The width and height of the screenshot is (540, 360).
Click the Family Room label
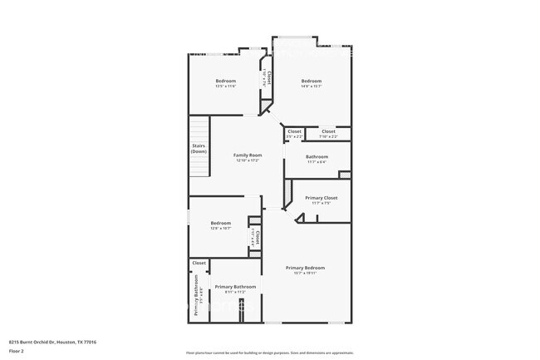pyautogui.click(x=247, y=155)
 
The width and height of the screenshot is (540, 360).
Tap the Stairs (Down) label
pyautogui.click(x=199, y=150)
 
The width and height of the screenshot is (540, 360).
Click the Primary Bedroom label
pyautogui.click(x=305, y=267)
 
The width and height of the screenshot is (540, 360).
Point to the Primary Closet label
pyautogui.click(x=321, y=198)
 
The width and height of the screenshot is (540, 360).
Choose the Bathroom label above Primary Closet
pyautogui.click(x=317, y=156)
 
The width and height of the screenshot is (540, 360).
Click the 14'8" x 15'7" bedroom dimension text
pyautogui.click(x=312, y=86)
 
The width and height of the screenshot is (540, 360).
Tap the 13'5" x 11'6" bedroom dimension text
pyautogui.click(x=225, y=86)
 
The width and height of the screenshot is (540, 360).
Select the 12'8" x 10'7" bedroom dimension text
pyautogui.click(x=220, y=228)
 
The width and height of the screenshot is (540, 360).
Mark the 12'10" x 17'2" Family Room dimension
pyautogui.click(x=247, y=160)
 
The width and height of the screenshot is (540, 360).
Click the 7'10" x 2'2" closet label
pyautogui.click(x=328, y=136)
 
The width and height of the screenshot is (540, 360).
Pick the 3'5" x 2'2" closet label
pyautogui.click(x=294, y=136)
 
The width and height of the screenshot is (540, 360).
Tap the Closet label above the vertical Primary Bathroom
pyautogui.click(x=199, y=263)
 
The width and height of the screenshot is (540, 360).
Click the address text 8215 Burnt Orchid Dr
pyautogui.click(x=52, y=342)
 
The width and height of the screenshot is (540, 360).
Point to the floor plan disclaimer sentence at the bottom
pyautogui.click(x=269, y=353)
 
